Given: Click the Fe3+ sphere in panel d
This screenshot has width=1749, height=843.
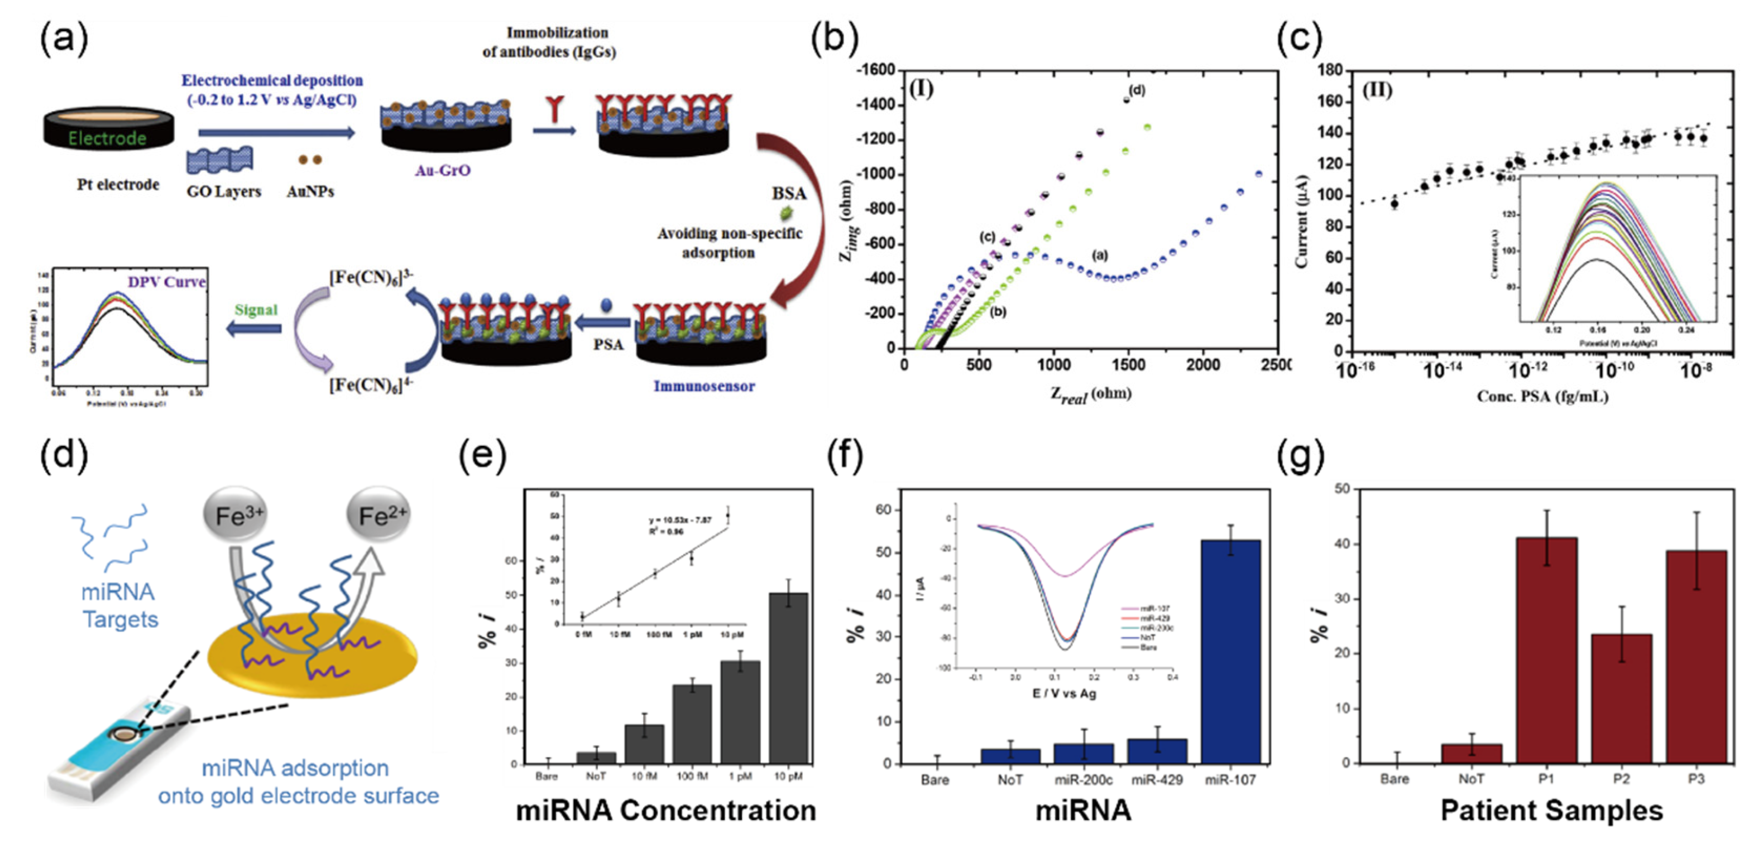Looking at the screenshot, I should tap(235, 517).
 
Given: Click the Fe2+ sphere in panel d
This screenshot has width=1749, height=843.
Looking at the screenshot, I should tap(378, 517).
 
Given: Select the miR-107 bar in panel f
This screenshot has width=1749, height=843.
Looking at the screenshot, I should tap(1230, 652).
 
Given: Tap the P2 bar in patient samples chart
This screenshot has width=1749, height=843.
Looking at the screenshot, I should tap(1621, 699).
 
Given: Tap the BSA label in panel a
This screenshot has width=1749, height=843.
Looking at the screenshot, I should tap(788, 194).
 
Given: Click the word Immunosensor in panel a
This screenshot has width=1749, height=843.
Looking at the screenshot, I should tap(703, 386).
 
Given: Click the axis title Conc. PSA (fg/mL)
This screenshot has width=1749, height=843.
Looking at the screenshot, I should tap(1542, 396).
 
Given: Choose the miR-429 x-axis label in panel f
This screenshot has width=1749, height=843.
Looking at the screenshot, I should tap(1156, 780).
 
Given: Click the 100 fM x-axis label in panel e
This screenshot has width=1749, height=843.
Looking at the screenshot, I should tap(692, 776).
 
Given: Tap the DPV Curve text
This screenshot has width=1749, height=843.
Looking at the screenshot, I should tap(166, 282).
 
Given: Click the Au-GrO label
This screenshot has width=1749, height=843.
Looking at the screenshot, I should tap(443, 170).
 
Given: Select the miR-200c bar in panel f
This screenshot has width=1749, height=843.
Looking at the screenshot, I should tap(1083, 753).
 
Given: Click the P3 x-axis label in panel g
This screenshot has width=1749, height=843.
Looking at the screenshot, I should tap(1695, 779).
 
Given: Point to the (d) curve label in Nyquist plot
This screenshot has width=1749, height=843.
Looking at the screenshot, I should tap(1137, 90).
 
